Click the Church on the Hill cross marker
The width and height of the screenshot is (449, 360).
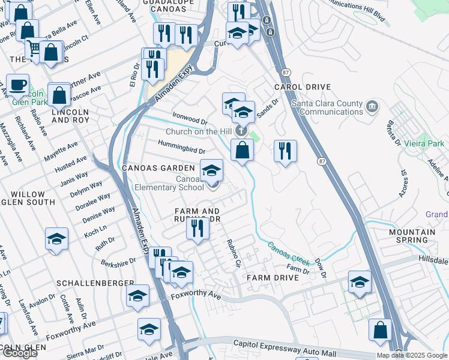click(241, 130)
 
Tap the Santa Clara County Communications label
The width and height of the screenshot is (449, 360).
click(327, 107)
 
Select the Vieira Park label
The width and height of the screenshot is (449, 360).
click(424, 144)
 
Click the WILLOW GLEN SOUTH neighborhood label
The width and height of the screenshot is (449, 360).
click(28, 199)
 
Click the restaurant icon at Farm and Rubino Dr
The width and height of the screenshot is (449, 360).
click(196, 228)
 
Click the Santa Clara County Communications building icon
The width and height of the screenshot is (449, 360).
click(372, 107)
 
